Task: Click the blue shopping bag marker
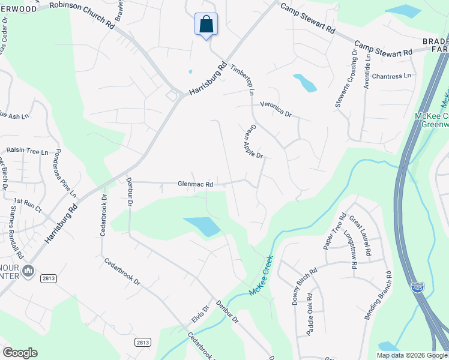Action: click(x=206, y=25)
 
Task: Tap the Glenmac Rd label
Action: click(x=195, y=185)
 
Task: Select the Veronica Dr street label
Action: click(x=275, y=109)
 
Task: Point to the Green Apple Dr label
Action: click(x=253, y=142)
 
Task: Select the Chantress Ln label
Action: click(x=391, y=76)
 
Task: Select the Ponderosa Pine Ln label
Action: click(x=66, y=173)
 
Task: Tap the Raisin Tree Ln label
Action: click(x=27, y=152)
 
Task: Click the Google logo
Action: click(x=20, y=352)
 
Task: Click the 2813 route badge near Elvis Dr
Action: click(x=142, y=342)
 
